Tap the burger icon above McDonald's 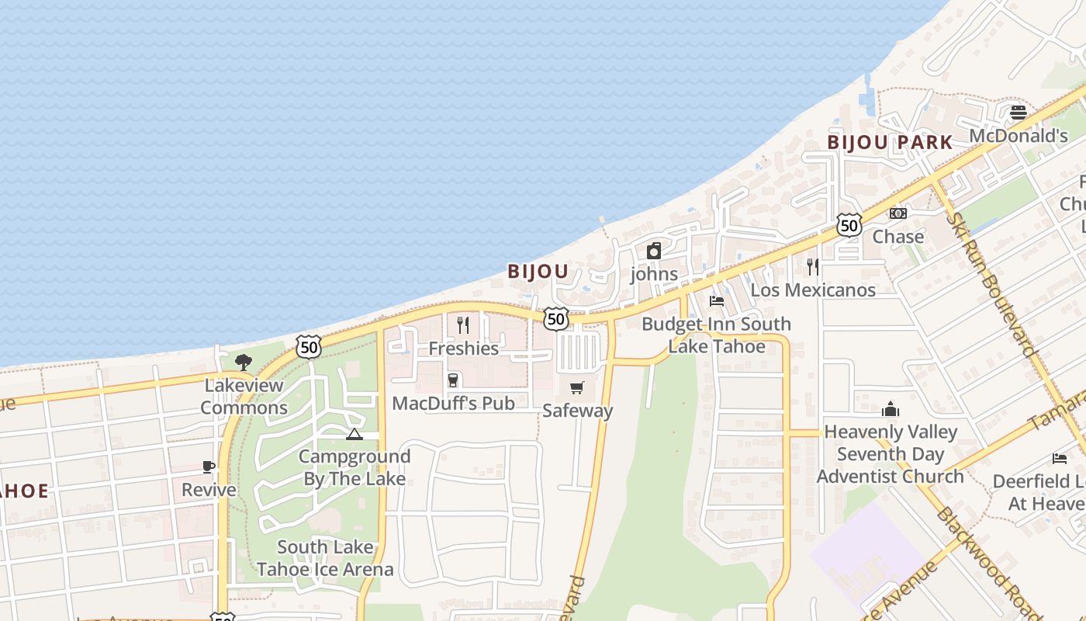(1019, 113)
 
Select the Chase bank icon (898, 213)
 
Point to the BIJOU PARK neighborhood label (889, 143)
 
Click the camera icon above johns (654, 251)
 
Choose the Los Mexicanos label (813, 290)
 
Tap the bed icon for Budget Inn (717, 300)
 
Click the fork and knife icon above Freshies (463, 324)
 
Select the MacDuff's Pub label (453, 404)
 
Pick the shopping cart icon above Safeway (576, 387)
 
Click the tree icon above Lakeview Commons (244, 362)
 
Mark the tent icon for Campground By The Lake (355, 434)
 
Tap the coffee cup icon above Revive (209, 467)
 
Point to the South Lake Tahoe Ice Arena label (325, 558)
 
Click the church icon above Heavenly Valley (890, 408)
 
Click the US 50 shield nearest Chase (849, 225)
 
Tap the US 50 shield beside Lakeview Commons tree (309, 347)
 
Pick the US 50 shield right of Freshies (555, 318)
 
